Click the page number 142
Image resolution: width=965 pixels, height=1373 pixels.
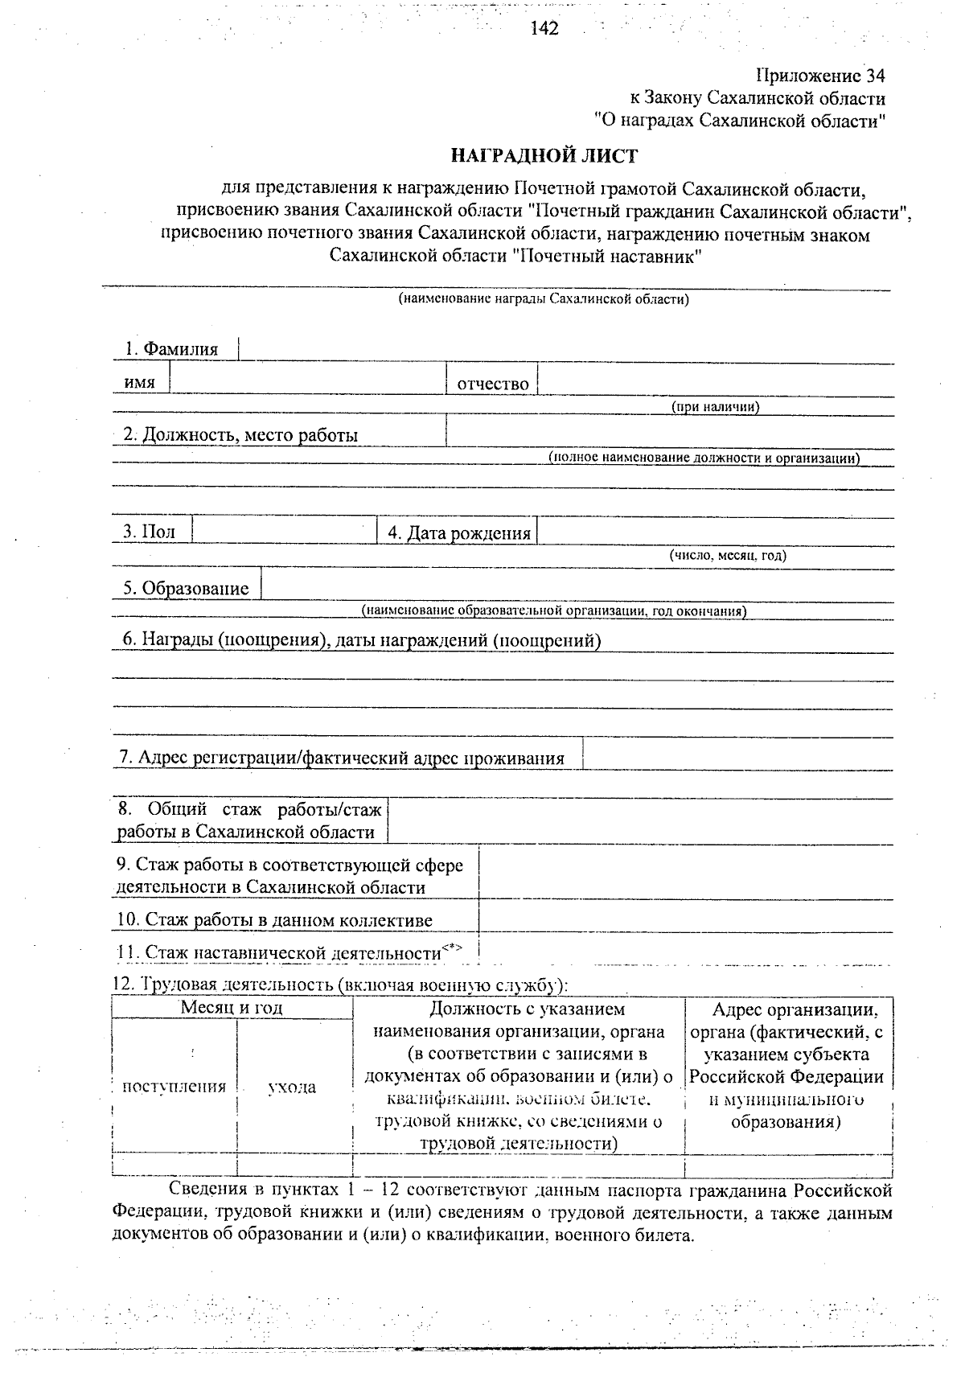(x=544, y=29)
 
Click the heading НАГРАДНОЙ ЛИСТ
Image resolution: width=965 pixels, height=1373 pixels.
(x=544, y=155)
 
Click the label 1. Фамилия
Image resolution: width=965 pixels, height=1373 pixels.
(x=170, y=349)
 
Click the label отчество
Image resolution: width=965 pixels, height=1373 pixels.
(x=492, y=384)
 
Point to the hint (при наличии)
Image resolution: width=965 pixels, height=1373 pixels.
(x=716, y=407)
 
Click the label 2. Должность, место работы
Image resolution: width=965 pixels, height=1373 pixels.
(x=240, y=435)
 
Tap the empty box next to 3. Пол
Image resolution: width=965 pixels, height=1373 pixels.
(x=285, y=531)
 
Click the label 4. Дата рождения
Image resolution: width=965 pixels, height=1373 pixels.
(x=459, y=533)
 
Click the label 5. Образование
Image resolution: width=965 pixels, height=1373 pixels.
(x=186, y=588)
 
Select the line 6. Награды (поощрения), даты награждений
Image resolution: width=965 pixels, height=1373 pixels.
(x=361, y=640)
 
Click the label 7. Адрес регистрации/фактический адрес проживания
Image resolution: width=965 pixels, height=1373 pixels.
(x=342, y=758)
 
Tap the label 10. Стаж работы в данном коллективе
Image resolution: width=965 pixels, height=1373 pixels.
(x=275, y=920)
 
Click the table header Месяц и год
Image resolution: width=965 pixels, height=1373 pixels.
(x=232, y=1007)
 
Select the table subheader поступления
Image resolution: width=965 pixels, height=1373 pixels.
(x=174, y=1087)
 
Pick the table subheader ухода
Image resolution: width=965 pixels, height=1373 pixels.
(x=292, y=1087)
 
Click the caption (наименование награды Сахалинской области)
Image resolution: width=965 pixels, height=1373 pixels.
(x=544, y=299)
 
